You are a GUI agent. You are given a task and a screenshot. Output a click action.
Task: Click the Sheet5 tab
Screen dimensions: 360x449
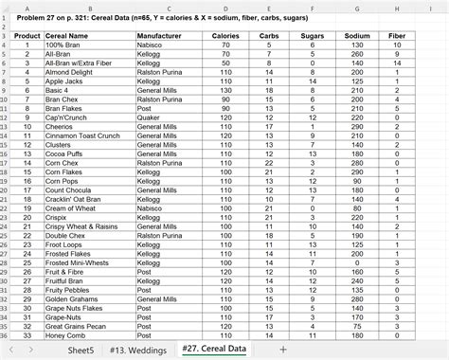[x=80, y=349]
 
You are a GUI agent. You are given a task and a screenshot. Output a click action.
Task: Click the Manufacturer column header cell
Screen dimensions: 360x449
[x=159, y=35]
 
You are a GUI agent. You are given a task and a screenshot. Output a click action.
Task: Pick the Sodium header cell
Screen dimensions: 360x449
[x=357, y=35]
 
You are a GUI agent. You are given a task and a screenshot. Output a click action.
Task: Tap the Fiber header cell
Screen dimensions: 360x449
[x=397, y=35]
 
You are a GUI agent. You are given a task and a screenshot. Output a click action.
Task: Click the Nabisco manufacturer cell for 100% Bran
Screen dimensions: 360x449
[x=152, y=44]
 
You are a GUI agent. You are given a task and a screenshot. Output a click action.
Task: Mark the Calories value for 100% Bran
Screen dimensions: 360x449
[x=225, y=44]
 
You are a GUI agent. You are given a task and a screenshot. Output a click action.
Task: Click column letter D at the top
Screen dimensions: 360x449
[x=225, y=9]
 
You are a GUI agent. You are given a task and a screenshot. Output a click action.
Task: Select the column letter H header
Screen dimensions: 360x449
[x=397, y=9]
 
